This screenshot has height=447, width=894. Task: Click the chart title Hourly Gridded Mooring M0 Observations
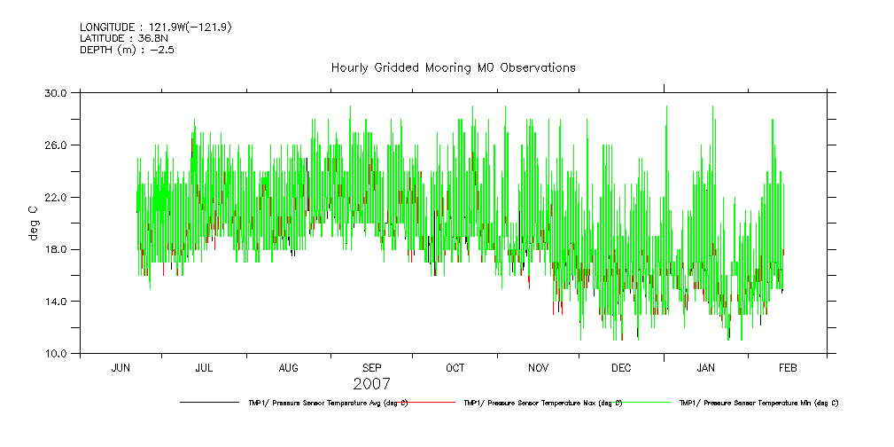[x=453, y=67]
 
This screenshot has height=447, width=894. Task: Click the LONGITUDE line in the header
[x=156, y=27]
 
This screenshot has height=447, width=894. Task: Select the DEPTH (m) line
[x=127, y=50]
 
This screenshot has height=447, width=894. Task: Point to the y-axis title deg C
[x=35, y=223]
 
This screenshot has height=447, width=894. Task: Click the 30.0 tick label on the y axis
[x=56, y=92]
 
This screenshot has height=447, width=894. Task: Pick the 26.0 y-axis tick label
[x=56, y=145]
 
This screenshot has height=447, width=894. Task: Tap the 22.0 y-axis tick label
[x=56, y=197]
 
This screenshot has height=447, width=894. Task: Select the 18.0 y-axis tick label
[x=56, y=249]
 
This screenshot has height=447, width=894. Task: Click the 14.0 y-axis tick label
[x=56, y=302]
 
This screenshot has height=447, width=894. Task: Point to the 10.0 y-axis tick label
[x=56, y=354]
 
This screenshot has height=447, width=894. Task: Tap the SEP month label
[x=372, y=367]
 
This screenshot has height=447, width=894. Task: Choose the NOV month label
[x=539, y=367]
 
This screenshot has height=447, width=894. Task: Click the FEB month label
[x=788, y=367]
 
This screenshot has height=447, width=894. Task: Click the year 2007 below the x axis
[x=370, y=384]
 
